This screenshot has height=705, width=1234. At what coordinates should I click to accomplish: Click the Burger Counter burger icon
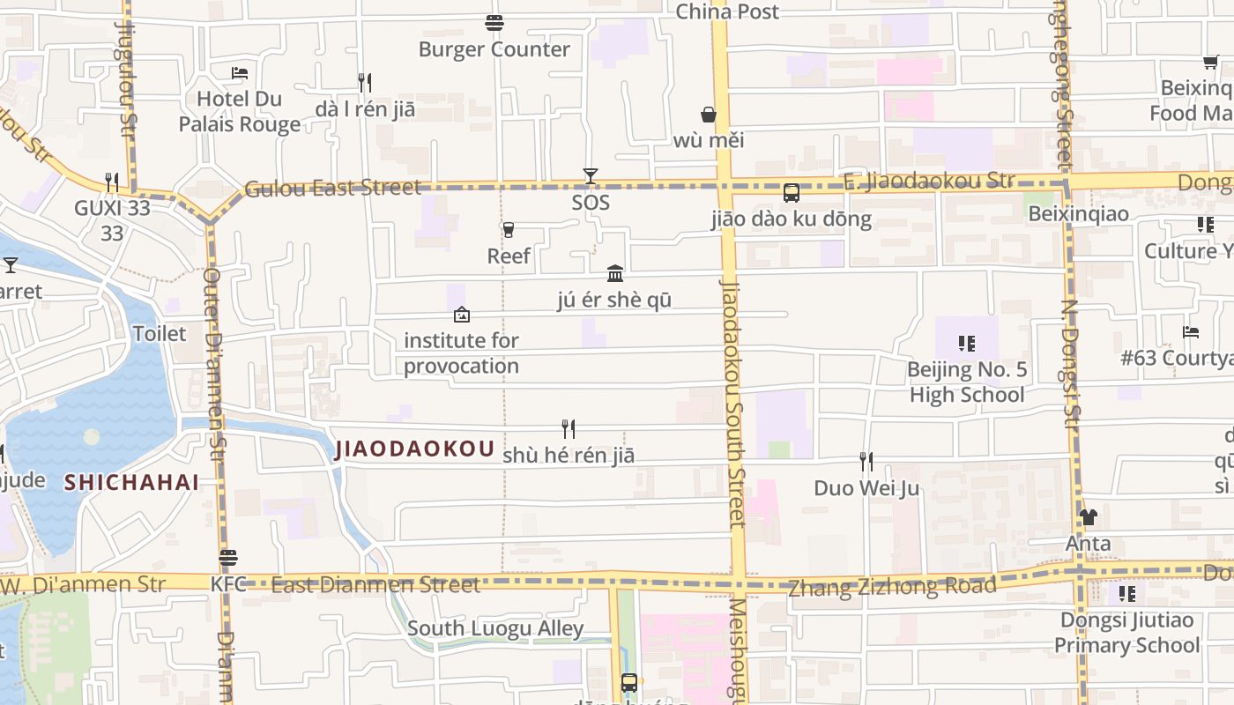tap(494, 22)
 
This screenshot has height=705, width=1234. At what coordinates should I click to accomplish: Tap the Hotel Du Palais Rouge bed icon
tap(240, 72)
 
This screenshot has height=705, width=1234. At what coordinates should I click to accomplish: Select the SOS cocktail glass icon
tap(591, 176)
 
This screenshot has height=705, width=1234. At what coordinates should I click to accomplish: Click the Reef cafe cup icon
tap(508, 230)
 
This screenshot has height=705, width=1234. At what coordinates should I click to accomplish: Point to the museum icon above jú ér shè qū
tap(615, 273)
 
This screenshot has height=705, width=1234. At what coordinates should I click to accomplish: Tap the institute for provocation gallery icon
tap(461, 315)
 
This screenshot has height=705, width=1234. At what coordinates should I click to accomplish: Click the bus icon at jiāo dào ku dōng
tap(792, 193)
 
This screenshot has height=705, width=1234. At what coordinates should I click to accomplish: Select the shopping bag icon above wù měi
tap(709, 115)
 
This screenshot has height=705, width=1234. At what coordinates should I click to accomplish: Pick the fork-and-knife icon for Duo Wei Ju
tap(866, 461)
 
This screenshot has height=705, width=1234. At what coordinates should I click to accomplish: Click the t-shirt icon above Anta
tap(1089, 517)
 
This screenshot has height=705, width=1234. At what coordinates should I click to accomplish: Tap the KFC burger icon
tap(228, 558)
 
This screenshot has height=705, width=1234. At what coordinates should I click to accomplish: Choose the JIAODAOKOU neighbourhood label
tap(414, 449)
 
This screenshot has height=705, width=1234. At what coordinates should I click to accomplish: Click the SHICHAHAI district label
tap(131, 483)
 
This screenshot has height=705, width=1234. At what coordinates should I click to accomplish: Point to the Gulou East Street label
tap(332, 188)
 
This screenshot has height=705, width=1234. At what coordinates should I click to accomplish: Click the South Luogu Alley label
tap(495, 628)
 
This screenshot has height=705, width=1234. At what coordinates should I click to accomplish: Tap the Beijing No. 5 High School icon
tap(967, 343)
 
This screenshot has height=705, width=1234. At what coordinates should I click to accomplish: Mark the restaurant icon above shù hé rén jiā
tap(569, 429)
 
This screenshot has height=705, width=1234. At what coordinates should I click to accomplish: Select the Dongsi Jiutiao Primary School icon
tap(1127, 594)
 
